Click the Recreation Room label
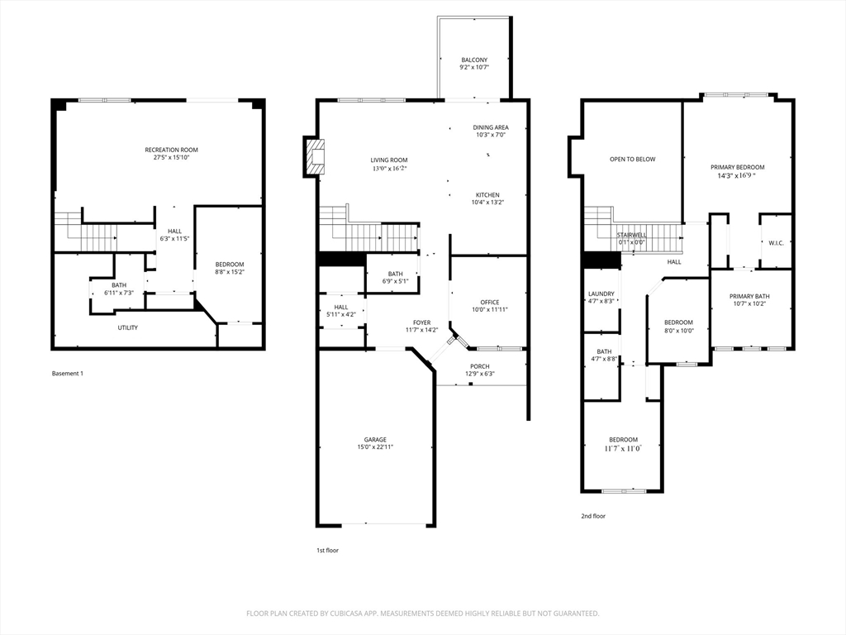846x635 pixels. coord(171,150)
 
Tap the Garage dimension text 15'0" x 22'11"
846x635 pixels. coord(375,447)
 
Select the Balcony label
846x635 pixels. coord(474,60)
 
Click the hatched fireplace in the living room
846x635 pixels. coord(315,156)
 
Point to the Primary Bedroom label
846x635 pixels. coord(737,167)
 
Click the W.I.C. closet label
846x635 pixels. coord(776,243)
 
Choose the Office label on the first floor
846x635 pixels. coord(489,303)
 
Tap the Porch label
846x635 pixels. coord(480,366)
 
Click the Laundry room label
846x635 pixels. coord(601,294)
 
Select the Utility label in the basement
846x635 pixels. coord(128,327)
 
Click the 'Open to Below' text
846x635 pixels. coord(632,160)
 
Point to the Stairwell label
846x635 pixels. coord(632,236)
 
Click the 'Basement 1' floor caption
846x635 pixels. coord(68,373)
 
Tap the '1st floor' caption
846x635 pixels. coord(327,550)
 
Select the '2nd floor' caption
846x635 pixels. coord(593,516)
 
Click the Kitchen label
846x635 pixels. coord(487,195)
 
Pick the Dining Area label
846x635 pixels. coord(491,128)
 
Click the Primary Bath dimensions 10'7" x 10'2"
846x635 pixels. coord(749,304)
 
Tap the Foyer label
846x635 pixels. coord(422,323)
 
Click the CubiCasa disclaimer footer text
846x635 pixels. coord(422,614)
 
